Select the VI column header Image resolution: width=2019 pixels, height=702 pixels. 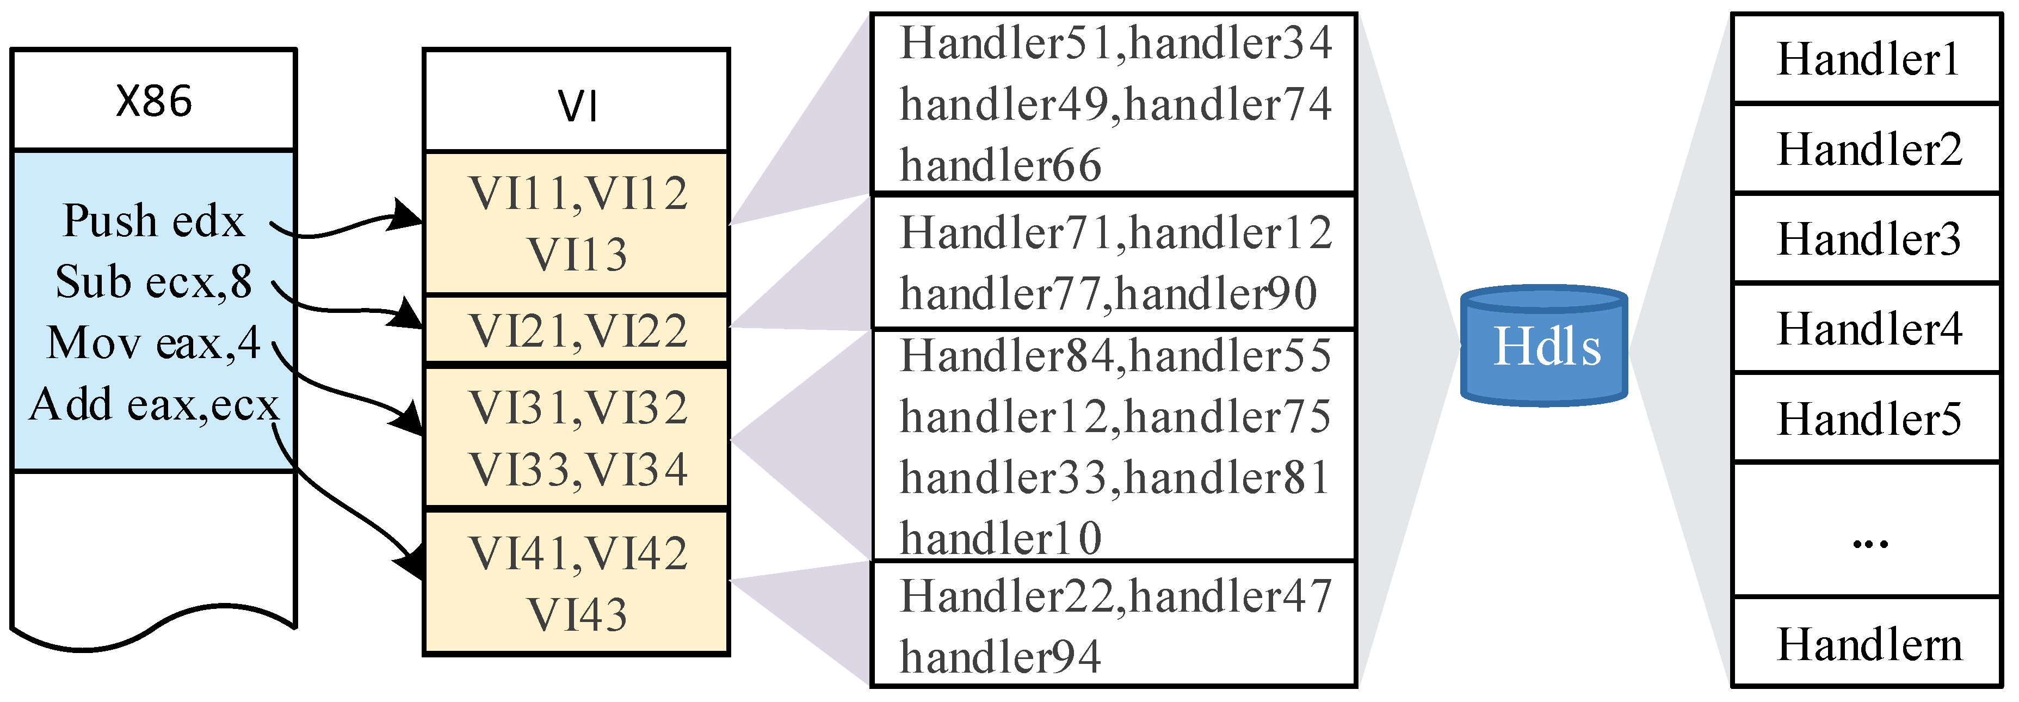(x=578, y=106)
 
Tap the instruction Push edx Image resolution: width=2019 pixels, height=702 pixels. (x=153, y=220)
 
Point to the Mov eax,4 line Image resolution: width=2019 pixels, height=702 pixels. (x=153, y=343)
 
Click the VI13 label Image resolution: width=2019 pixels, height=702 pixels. (x=578, y=255)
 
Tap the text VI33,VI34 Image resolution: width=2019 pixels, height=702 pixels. (x=578, y=470)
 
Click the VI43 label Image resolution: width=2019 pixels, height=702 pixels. (x=578, y=614)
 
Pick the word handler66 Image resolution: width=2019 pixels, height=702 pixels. (x=1000, y=165)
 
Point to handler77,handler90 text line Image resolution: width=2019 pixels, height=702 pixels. (x=1108, y=294)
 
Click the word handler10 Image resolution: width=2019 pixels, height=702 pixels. (x=1000, y=539)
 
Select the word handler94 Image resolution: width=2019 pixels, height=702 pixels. (x=1000, y=656)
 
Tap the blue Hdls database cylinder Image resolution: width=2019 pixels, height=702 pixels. (x=1544, y=346)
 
